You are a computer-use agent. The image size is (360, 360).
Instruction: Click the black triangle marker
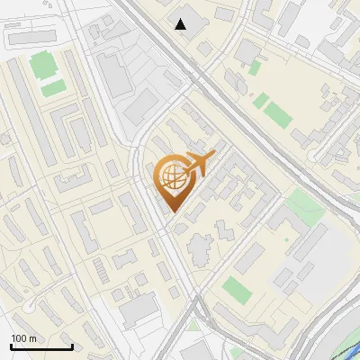182,24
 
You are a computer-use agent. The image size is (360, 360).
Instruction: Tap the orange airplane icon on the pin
197,163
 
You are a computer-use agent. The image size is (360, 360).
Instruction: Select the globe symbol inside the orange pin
172,177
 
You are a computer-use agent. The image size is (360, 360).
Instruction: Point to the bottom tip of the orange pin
172,211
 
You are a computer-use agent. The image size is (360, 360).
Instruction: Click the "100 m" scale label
23,338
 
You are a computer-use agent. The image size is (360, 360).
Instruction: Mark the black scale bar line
40,347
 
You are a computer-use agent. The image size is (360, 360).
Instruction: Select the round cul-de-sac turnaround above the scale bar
26,307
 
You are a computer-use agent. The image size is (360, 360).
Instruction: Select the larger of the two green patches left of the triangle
41,65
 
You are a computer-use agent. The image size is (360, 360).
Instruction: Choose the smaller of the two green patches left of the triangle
52,88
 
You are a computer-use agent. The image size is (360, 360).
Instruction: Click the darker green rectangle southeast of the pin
236,289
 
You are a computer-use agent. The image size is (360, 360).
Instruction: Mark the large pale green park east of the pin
302,209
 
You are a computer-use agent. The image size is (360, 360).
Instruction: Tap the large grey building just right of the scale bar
137,311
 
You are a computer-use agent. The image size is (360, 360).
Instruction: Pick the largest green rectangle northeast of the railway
279,114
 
